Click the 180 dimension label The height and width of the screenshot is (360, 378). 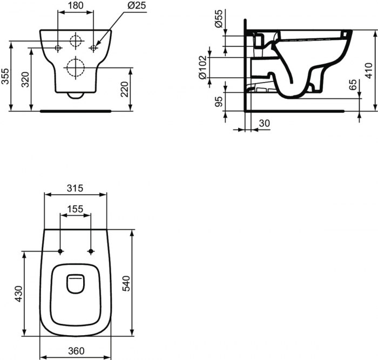click(76, 6)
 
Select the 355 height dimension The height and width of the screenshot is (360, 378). click(5, 77)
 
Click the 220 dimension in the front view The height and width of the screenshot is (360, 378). click(124, 89)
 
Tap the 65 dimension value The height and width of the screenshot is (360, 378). click(353, 86)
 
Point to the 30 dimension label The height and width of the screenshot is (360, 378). click(264, 124)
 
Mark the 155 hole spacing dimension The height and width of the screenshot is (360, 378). click(75, 208)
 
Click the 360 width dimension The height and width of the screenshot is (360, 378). click(76, 351)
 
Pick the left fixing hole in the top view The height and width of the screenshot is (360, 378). click(60, 252)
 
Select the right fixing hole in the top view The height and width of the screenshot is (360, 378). click(90, 252)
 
